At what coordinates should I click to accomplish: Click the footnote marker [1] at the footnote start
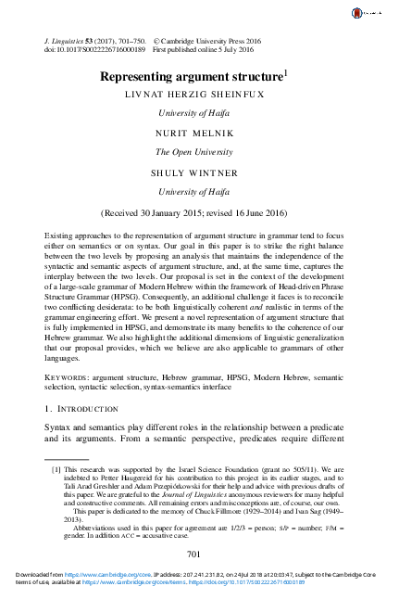click(56, 470)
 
